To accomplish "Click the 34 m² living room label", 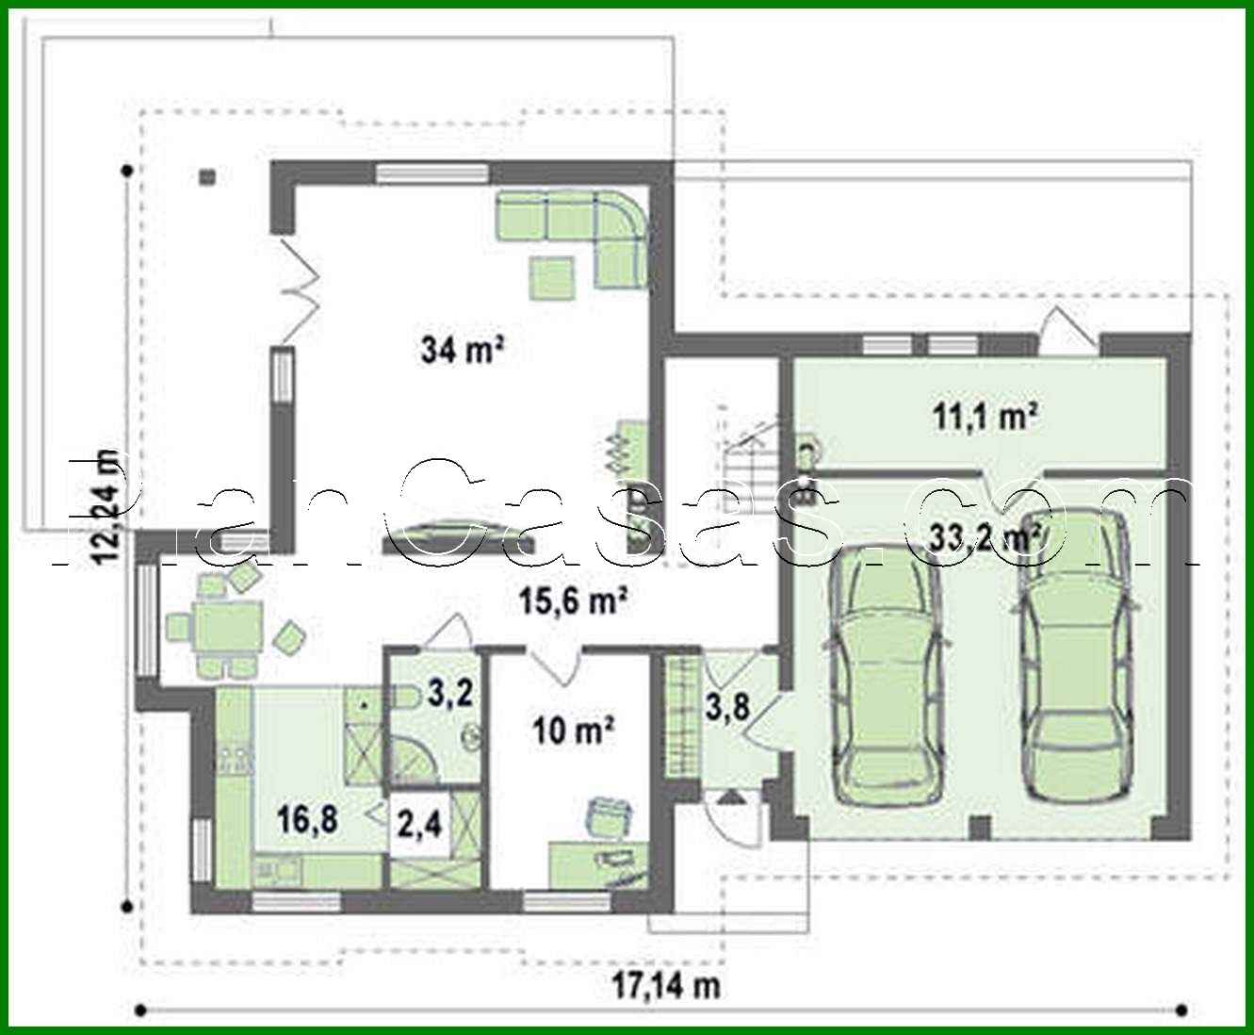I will [x=462, y=351].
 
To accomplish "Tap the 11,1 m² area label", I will [x=985, y=416].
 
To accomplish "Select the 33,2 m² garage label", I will [x=985, y=537].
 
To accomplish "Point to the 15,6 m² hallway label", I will [x=575, y=600].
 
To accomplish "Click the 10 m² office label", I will [x=574, y=730].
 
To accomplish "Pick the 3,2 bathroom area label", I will [x=449, y=694].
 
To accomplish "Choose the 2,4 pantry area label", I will [x=419, y=825].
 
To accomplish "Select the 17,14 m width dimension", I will [x=666, y=986].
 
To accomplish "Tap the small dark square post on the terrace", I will [x=207, y=176].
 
